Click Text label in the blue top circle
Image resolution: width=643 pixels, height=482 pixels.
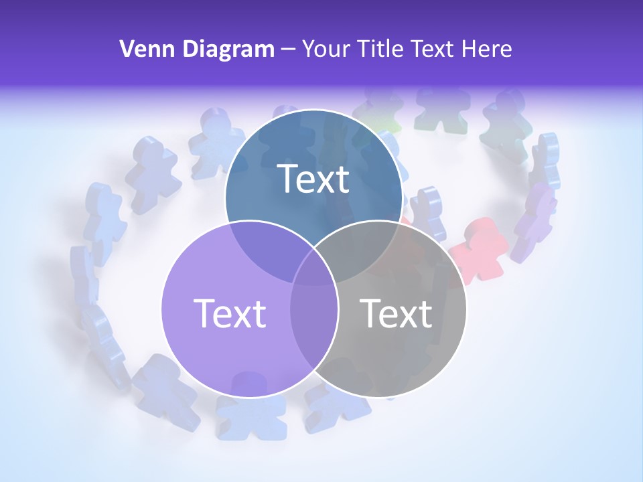(x=313, y=179)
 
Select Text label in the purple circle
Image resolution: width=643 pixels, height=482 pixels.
(x=230, y=313)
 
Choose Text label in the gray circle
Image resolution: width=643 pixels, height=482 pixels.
(x=396, y=313)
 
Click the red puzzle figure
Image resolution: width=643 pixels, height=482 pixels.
(x=478, y=250)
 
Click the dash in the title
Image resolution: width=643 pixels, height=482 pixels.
(x=289, y=48)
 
